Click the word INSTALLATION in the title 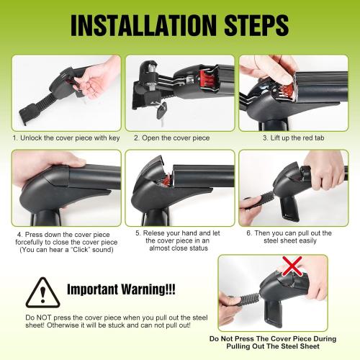click(x=143, y=25)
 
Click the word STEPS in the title click(x=256, y=25)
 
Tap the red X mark click(x=292, y=266)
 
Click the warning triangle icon click(x=42, y=292)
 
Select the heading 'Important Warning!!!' click(x=121, y=289)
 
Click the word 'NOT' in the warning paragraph click(x=44, y=318)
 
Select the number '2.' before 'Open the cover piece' click(x=137, y=138)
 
